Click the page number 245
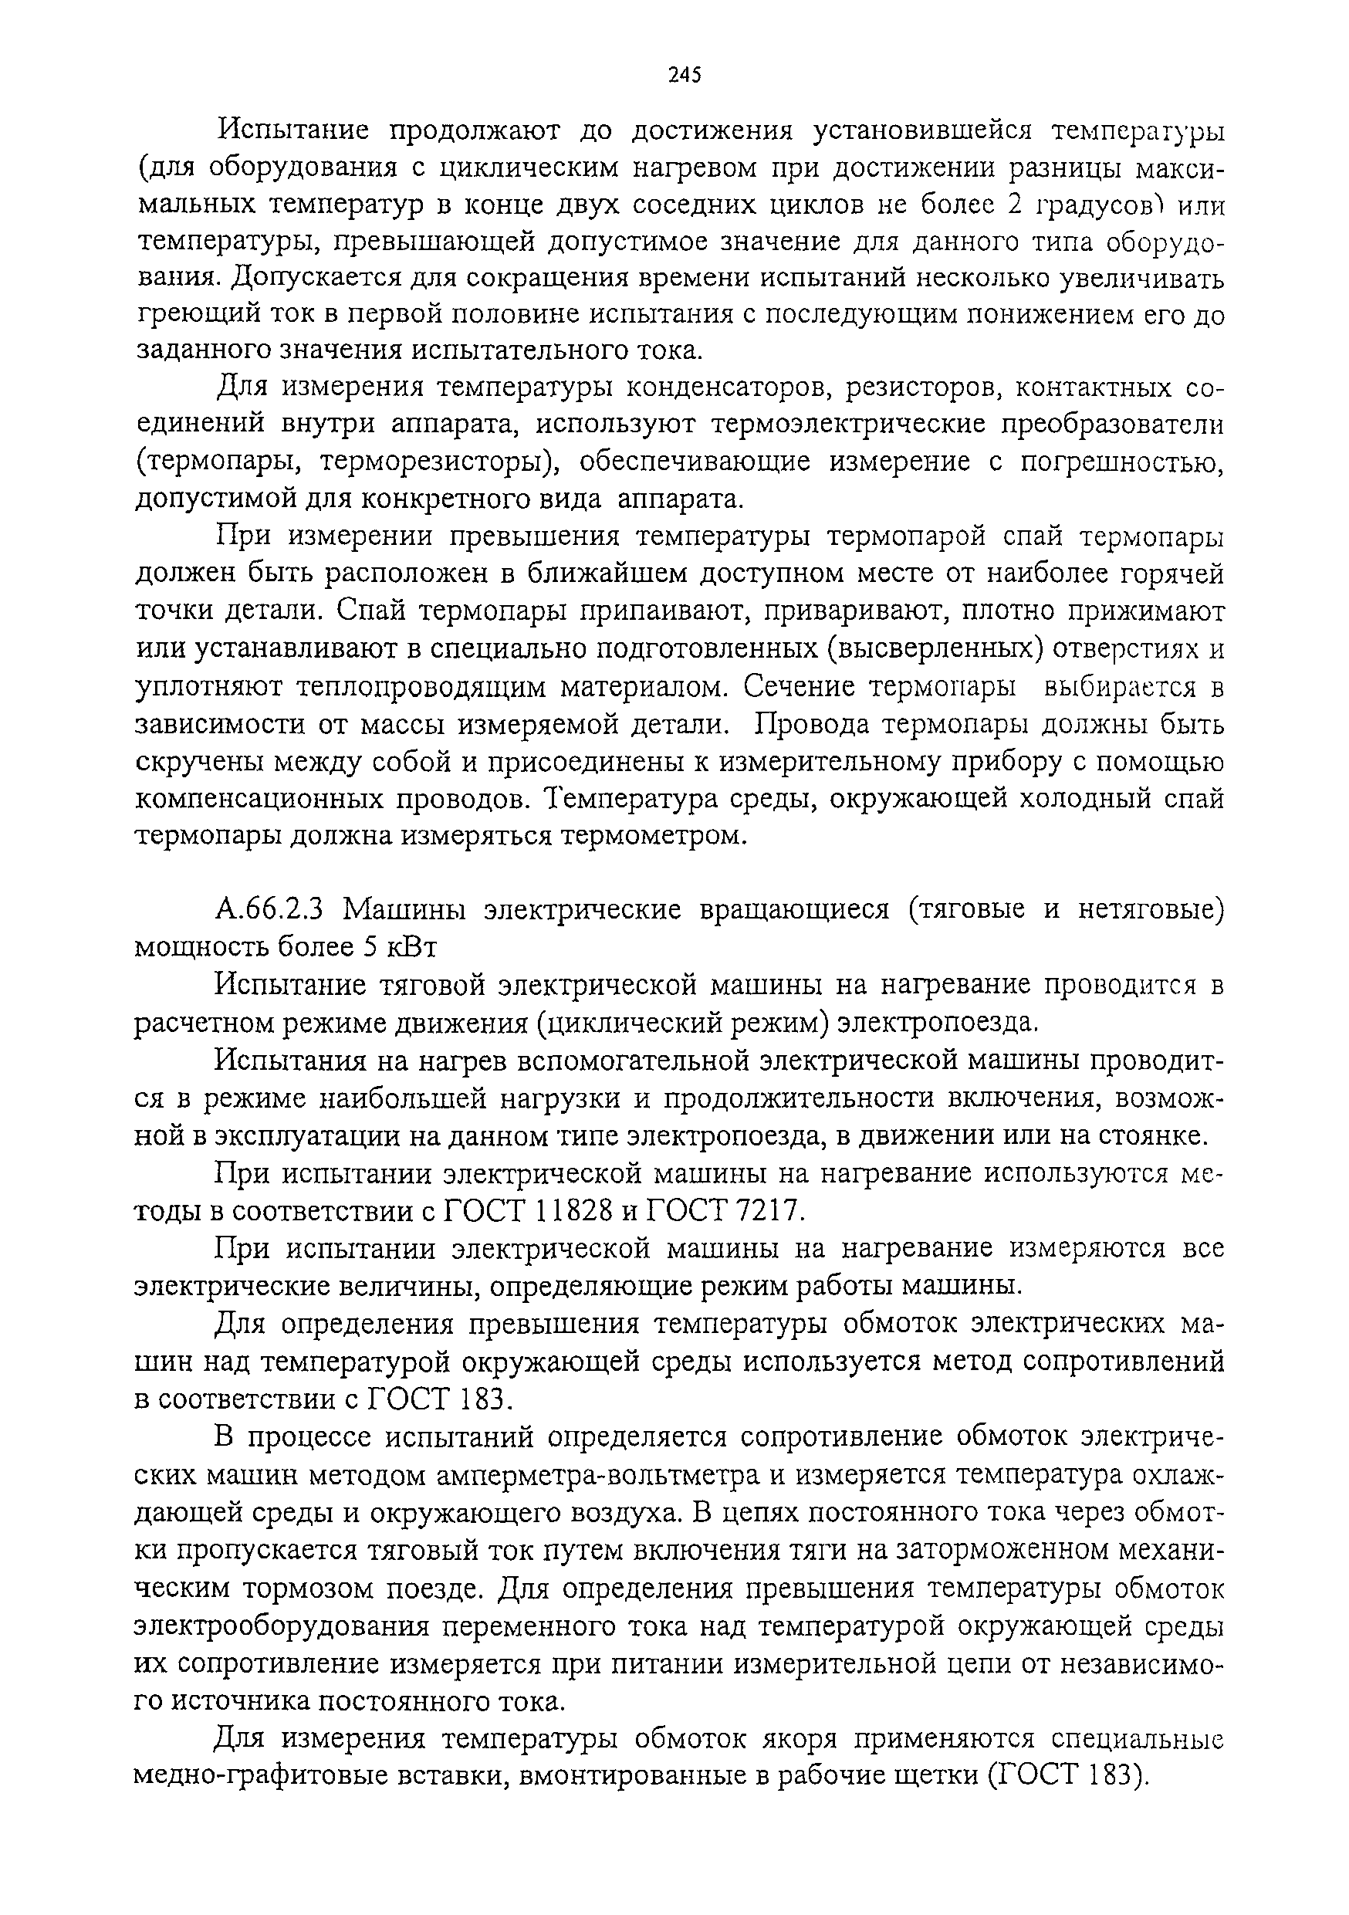tap(685, 76)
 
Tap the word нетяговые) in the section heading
tap(1151, 908)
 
